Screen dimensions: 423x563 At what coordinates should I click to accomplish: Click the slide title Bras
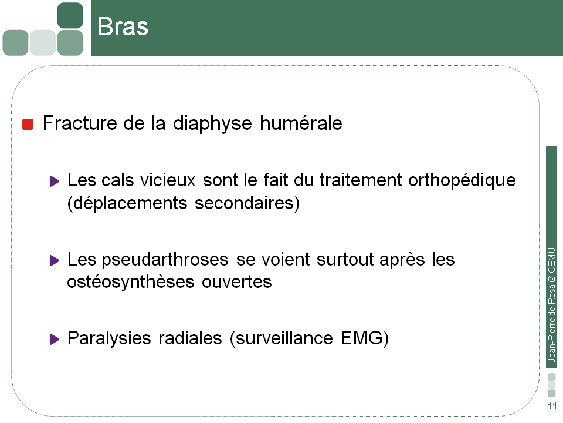(x=123, y=27)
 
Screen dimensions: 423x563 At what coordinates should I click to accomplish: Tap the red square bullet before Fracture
(x=28, y=125)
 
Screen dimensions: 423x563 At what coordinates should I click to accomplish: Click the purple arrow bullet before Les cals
(x=55, y=181)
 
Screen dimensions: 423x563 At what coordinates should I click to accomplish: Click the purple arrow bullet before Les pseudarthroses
(x=55, y=260)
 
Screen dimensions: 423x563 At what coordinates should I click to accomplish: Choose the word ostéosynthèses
(x=131, y=281)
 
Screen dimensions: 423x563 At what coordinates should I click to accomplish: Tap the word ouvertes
(x=237, y=281)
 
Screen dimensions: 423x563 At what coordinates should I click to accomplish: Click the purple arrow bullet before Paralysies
(x=55, y=339)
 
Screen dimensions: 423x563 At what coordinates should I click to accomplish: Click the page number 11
(x=552, y=407)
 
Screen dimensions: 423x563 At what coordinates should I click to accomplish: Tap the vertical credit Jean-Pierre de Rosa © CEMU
(x=552, y=305)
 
